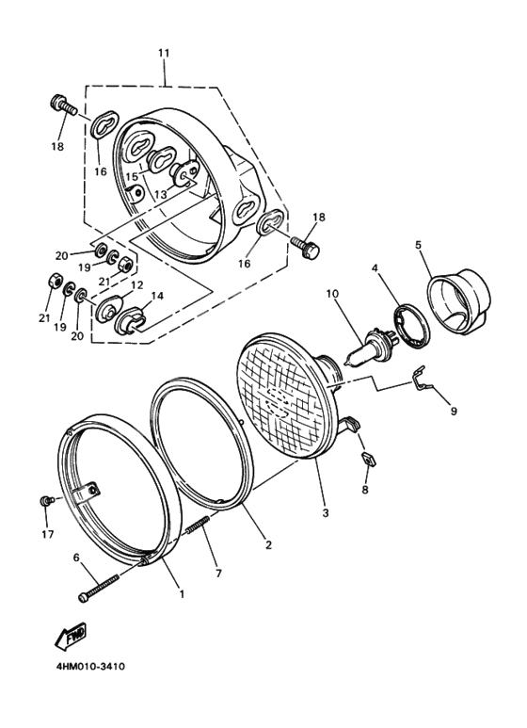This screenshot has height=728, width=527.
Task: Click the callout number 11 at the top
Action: point(164,53)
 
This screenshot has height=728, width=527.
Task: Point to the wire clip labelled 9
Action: point(428,383)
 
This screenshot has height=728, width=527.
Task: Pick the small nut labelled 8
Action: point(369,461)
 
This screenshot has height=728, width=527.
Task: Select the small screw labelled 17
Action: point(43,501)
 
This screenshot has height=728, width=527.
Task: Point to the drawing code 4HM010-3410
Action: point(84,667)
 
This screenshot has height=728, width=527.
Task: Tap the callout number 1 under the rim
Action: point(181,594)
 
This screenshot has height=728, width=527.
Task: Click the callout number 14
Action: point(155,296)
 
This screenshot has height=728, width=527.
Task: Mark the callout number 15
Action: point(133,176)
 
